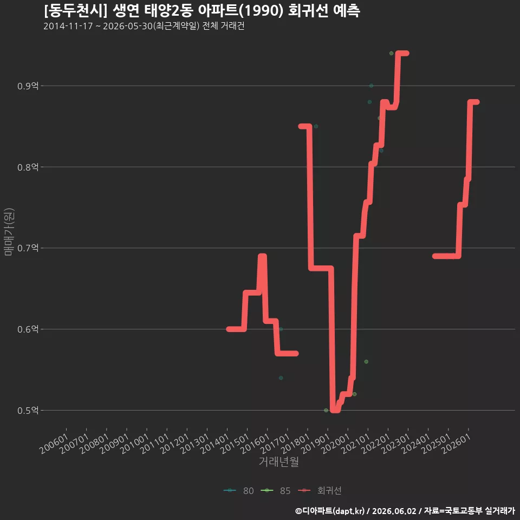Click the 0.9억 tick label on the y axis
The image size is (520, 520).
pyautogui.click(x=28, y=86)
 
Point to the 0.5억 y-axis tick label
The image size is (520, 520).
pyautogui.click(x=28, y=411)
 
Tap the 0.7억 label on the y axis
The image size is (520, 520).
pyautogui.click(x=28, y=248)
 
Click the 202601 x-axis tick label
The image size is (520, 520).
pyautogui.click(x=457, y=444)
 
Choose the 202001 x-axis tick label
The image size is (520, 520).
pyautogui.click(x=336, y=444)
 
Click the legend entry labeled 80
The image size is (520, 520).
pyautogui.click(x=239, y=491)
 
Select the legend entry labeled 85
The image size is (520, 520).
pyautogui.click(x=276, y=491)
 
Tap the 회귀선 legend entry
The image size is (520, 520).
pyautogui.click(x=320, y=491)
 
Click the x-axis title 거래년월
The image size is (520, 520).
pyautogui.click(x=278, y=461)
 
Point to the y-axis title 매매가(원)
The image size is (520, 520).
pyautogui.click(x=9, y=232)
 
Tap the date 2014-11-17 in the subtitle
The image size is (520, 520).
pyautogui.click(x=68, y=26)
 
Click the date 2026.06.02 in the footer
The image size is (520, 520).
pyautogui.click(x=394, y=511)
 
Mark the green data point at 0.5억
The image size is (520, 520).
pyautogui.click(x=326, y=410)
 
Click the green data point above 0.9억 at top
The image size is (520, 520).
pyautogui.click(x=391, y=54)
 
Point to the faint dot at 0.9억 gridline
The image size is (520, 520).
pyautogui.click(x=372, y=86)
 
